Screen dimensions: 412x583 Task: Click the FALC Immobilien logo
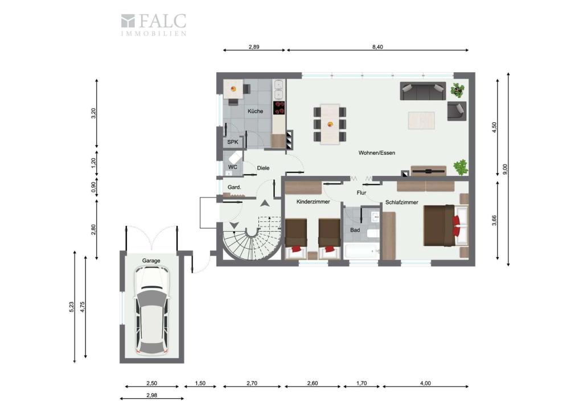153,24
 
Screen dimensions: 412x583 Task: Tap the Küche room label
255,111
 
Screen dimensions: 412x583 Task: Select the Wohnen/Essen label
376,153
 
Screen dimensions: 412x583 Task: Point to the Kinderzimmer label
313,202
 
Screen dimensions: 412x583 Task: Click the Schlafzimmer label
401,203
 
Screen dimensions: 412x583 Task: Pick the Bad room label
355,230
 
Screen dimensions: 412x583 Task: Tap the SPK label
232,142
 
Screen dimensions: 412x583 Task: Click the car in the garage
151,310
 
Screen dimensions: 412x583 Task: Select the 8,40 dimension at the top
377,47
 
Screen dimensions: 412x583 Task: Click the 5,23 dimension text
71,307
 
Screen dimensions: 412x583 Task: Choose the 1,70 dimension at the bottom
362,383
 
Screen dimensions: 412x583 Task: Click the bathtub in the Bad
362,251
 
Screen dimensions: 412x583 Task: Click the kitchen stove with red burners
279,108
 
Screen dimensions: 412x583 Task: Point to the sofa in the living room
422,91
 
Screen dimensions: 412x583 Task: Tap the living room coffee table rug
421,120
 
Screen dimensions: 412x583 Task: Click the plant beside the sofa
457,90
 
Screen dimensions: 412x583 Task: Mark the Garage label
151,261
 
